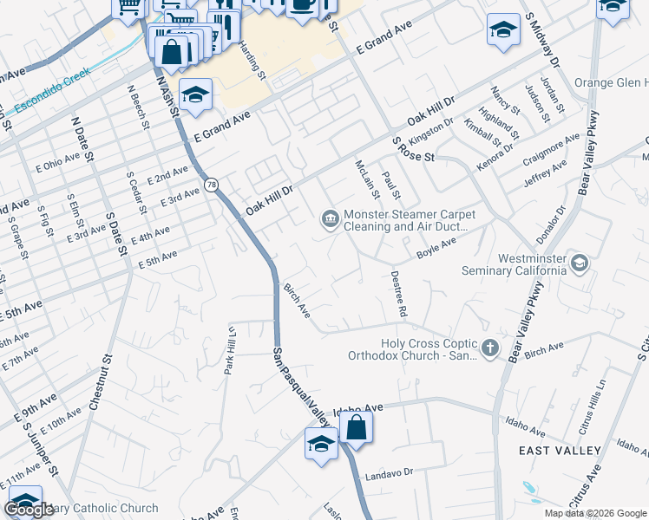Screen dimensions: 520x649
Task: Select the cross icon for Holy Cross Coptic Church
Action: point(490,348)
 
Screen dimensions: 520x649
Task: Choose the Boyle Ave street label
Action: point(436,248)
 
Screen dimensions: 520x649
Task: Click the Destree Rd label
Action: point(401,293)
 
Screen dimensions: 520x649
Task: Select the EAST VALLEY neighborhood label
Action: point(559,451)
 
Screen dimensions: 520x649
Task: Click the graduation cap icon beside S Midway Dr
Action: point(503,30)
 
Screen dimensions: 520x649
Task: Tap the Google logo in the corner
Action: point(28,510)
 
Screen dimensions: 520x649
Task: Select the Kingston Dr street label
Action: point(431,132)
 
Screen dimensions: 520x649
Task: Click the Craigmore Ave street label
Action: point(551,150)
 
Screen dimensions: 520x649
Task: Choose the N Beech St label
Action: point(135,107)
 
